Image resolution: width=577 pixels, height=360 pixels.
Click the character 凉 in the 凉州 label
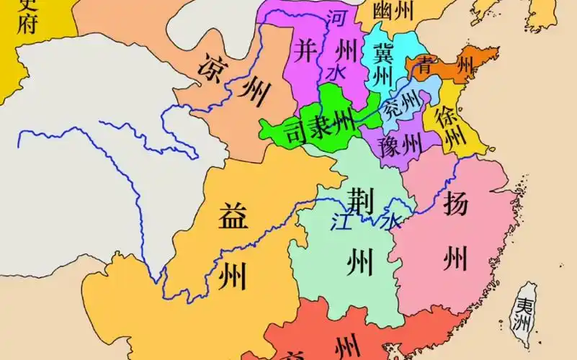coord(213,66)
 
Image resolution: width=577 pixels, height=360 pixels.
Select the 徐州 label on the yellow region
coord(452,126)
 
